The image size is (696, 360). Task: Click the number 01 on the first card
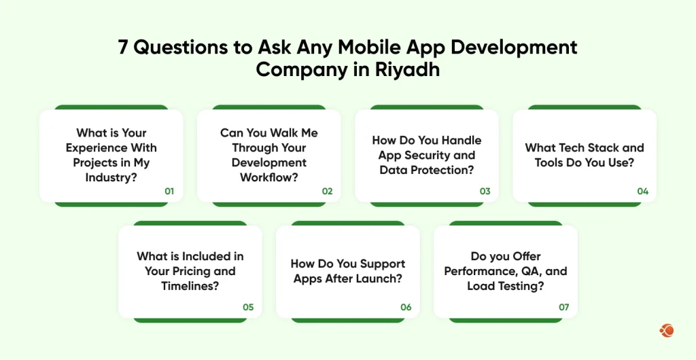coord(169,192)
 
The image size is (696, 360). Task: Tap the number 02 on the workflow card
coord(327,192)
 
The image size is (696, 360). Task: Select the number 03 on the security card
coord(485,192)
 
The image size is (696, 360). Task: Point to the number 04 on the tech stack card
coord(642,192)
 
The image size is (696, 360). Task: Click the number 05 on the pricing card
coord(248,307)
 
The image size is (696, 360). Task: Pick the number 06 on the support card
coord(406,307)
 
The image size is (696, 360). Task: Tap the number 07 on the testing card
coord(563,307)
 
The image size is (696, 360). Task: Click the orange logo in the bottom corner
coord(666,331)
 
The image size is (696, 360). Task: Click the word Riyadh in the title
coord(407,70)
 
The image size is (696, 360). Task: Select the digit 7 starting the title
coord(124,48)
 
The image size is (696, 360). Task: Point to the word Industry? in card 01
coord(111,177)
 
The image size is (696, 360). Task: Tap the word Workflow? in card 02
coord(269,177)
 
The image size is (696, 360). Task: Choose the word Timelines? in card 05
coord(190,286)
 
